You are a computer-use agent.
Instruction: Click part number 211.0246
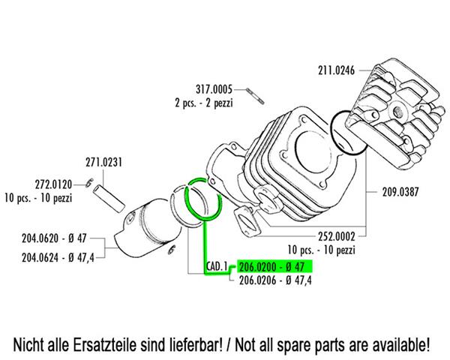[x=336, y=70]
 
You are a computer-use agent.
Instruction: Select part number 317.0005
[x=214, y=89]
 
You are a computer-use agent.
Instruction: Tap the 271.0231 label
[x=104, y=163]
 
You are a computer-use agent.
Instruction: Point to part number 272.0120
[x=53, y=184]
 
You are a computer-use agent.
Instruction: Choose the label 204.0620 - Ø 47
[x=54, y=238]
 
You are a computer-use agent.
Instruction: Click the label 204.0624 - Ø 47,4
[x=58, y=257]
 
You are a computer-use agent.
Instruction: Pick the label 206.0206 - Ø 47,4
[x=275, y=280]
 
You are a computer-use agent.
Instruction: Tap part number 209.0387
[x=400, y=192]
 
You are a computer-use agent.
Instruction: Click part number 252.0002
[x=337, y=236]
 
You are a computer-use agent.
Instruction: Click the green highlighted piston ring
[x=203, y=199]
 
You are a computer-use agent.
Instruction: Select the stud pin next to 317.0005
[x=255, y=96]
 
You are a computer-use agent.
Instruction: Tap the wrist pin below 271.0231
[x=109, y=199]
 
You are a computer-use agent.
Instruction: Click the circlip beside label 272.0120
[x=89, y=183]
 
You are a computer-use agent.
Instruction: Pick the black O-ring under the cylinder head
[x=349, y=133]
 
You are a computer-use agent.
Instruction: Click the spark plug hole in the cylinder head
[x=397, y=110]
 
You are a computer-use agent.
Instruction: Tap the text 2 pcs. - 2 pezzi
[x=204, y=103]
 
